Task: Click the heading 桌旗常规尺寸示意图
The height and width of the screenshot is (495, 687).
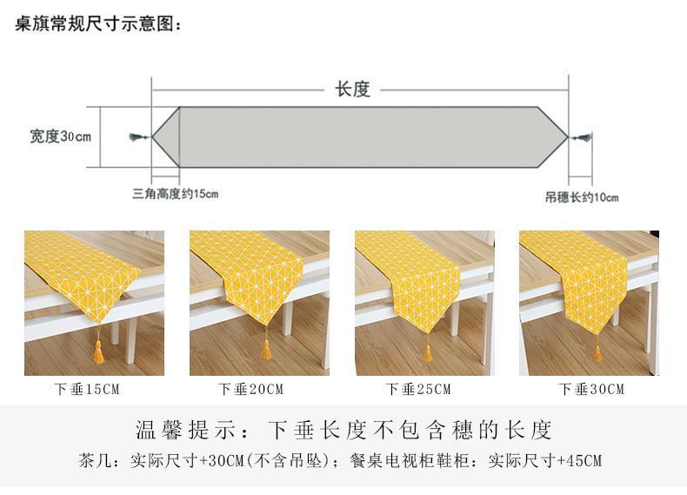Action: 98,23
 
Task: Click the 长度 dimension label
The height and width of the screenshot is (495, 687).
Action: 352,89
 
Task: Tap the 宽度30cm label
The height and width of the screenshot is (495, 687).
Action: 60,137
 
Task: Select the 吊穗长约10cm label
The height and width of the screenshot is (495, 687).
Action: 582,197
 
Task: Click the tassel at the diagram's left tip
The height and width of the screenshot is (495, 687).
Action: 137,137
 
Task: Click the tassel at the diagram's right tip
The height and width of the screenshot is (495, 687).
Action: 582,137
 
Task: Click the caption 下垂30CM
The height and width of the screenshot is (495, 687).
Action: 591,389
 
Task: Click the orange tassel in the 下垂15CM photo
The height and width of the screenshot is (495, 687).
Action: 98,351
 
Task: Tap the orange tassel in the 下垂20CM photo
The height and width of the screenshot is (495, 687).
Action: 267,349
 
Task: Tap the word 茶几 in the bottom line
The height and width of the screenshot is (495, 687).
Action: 94,460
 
